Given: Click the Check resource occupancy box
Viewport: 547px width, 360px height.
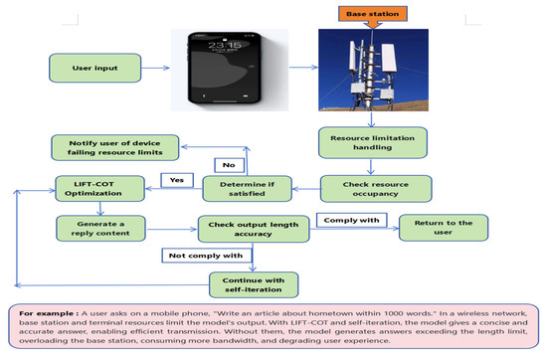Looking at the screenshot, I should (376, 187).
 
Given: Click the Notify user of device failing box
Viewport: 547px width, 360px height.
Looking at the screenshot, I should (121, 147).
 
